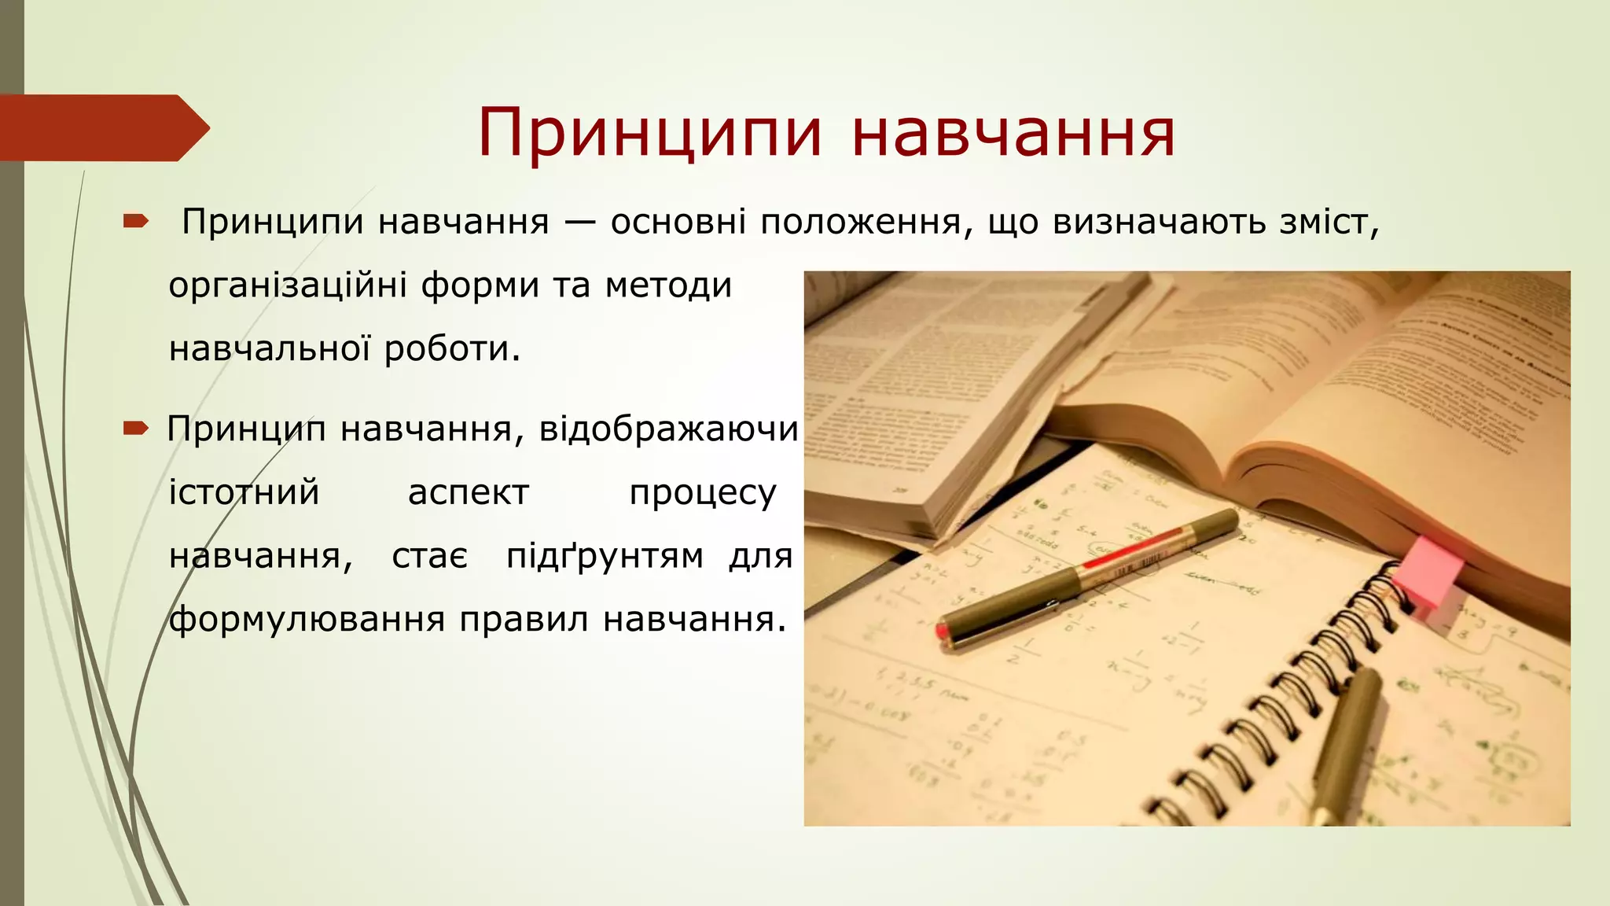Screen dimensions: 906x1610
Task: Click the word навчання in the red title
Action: click(x=1013, y=132)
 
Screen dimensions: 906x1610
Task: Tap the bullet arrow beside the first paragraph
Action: click(x=135, y=223)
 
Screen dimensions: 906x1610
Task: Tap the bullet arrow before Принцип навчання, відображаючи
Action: click(x=135, y=429)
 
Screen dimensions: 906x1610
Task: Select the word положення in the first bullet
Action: click(x=861, y=223)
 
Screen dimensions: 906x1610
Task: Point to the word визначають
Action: click(x=1159, y=223)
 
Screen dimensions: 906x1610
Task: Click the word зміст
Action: click(x=1329, y=223)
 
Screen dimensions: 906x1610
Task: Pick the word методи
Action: click(x=668, y=285)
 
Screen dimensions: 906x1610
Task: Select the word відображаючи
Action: click(x=669, y=429)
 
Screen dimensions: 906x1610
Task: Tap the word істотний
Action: click(x=244, y=493)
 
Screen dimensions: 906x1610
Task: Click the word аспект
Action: click(x=469, y=493)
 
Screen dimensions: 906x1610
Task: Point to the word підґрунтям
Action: click(x=605, y=557)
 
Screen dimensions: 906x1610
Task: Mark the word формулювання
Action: click(x=307, y=620)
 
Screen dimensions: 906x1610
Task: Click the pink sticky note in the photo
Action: click(x=1429, y=571)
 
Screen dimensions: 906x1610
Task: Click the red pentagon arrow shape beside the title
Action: click(x=102, y=127)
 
